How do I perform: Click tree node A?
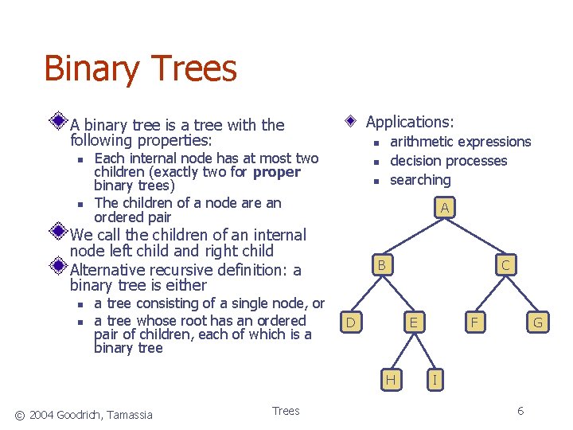click(x=445, y=208)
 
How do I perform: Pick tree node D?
click(x=350, y=322)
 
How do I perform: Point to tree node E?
click(x=412, y=322)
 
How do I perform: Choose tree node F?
click(x=475, y=322)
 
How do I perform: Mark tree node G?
click(x=538, y=322)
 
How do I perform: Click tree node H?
click(x=391, y=380)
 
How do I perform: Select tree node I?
click(x=434, y=380)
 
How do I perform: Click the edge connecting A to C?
click(x=475, y=236)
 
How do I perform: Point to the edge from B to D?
click(x=367, y=294)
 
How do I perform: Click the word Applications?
click(x=409, y=122)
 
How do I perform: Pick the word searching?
click(x=420, y=180)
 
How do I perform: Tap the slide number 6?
click(x=520, y=411)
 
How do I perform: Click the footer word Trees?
click(x=286, y=411)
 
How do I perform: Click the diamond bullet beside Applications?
click(x=352, y=123)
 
